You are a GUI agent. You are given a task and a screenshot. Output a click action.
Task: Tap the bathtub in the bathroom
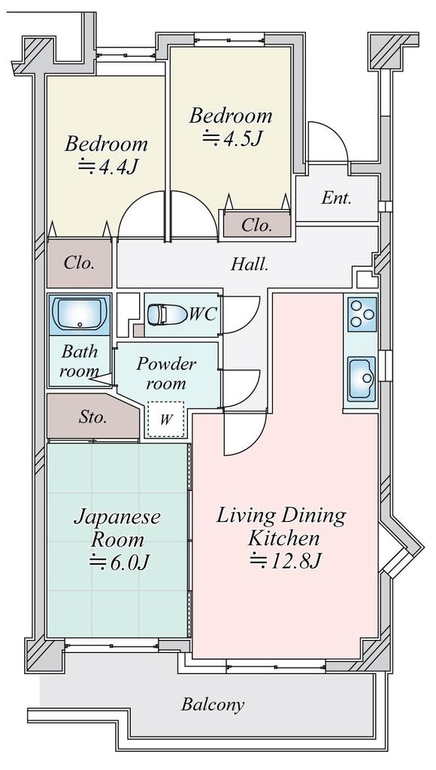[80, 314]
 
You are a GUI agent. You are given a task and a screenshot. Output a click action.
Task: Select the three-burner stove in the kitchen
[362, 314]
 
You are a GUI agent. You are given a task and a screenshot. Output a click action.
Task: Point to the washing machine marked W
[166, 420]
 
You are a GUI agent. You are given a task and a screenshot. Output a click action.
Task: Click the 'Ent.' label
[337, 198]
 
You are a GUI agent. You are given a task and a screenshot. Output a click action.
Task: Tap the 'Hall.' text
[250, 265]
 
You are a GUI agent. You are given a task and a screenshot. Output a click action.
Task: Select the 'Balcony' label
[213, 705]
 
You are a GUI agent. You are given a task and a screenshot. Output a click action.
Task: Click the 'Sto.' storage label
[92, 417]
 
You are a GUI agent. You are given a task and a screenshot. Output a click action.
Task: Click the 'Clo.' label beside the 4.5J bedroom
[256, 226]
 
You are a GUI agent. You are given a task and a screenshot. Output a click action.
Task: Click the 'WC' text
[203, 314]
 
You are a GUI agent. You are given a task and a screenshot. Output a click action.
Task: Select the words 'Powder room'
[166, 373]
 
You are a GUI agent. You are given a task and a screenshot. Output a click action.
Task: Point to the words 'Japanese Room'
[117, 529]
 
